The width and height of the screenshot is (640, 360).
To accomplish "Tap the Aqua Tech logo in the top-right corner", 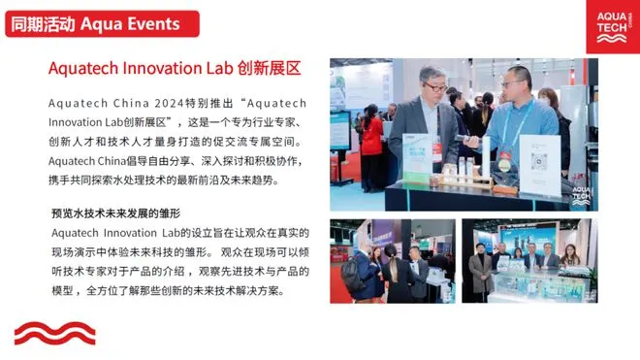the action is click(x=613, y=26).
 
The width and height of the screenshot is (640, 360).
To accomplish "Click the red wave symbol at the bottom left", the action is click(x=54, y=334).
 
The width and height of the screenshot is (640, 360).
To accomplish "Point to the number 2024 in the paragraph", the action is click(x=169, y=103).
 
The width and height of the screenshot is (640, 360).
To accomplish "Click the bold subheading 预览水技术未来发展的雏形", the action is click(x=116, y=213).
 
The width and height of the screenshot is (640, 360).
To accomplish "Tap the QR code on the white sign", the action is click(x=539, y=161).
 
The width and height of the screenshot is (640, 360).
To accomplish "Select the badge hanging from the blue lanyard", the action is click(x=504, y=162).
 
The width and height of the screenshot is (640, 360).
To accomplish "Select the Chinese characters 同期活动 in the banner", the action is click(x=43, y=24).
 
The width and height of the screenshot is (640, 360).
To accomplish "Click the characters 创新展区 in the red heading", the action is click(x=269, y=68).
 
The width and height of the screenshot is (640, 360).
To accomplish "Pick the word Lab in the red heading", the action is click(x=219, y=68).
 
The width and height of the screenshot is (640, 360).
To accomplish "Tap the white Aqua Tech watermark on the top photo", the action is click(x=581, y=196).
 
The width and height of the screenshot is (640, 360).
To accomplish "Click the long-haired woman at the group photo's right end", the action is click(x=570, y=256).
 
